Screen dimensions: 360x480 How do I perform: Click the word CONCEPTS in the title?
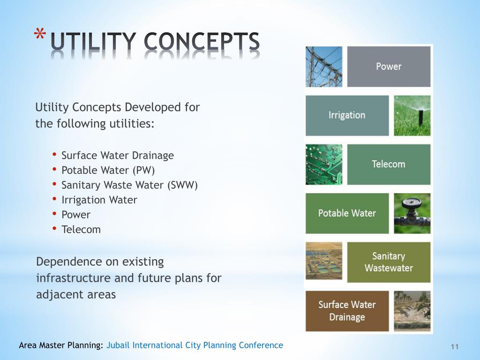click(x=202, y=43)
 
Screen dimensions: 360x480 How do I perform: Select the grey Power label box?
click(x=389, y=67)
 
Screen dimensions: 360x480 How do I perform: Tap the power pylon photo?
click(x=324, y=67)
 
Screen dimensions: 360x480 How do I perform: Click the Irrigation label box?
click(x=347, y=115)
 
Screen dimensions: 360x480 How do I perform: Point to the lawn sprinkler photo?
click(x=412, y=115)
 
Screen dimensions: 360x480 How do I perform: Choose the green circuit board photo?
click(x=324, y=164)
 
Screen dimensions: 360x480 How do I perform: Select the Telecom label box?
click(x=389, y=164)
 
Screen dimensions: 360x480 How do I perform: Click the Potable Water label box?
click(x=347, y=213)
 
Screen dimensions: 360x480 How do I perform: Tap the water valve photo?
click(x=412, y=213)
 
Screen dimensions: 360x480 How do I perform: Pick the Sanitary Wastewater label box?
click(x=389, y=262)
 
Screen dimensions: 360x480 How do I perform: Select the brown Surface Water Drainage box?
click(x=347, y=311)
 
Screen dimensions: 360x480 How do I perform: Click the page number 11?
click(x=454, y=346)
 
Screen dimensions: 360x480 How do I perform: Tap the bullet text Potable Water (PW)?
click(x=108, y=170)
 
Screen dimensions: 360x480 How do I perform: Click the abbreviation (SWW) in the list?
click(x=182, y=185)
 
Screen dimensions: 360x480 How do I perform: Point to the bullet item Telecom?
click(x=81, y=230)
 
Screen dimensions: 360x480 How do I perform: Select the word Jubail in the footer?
click(x=119, y=345)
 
